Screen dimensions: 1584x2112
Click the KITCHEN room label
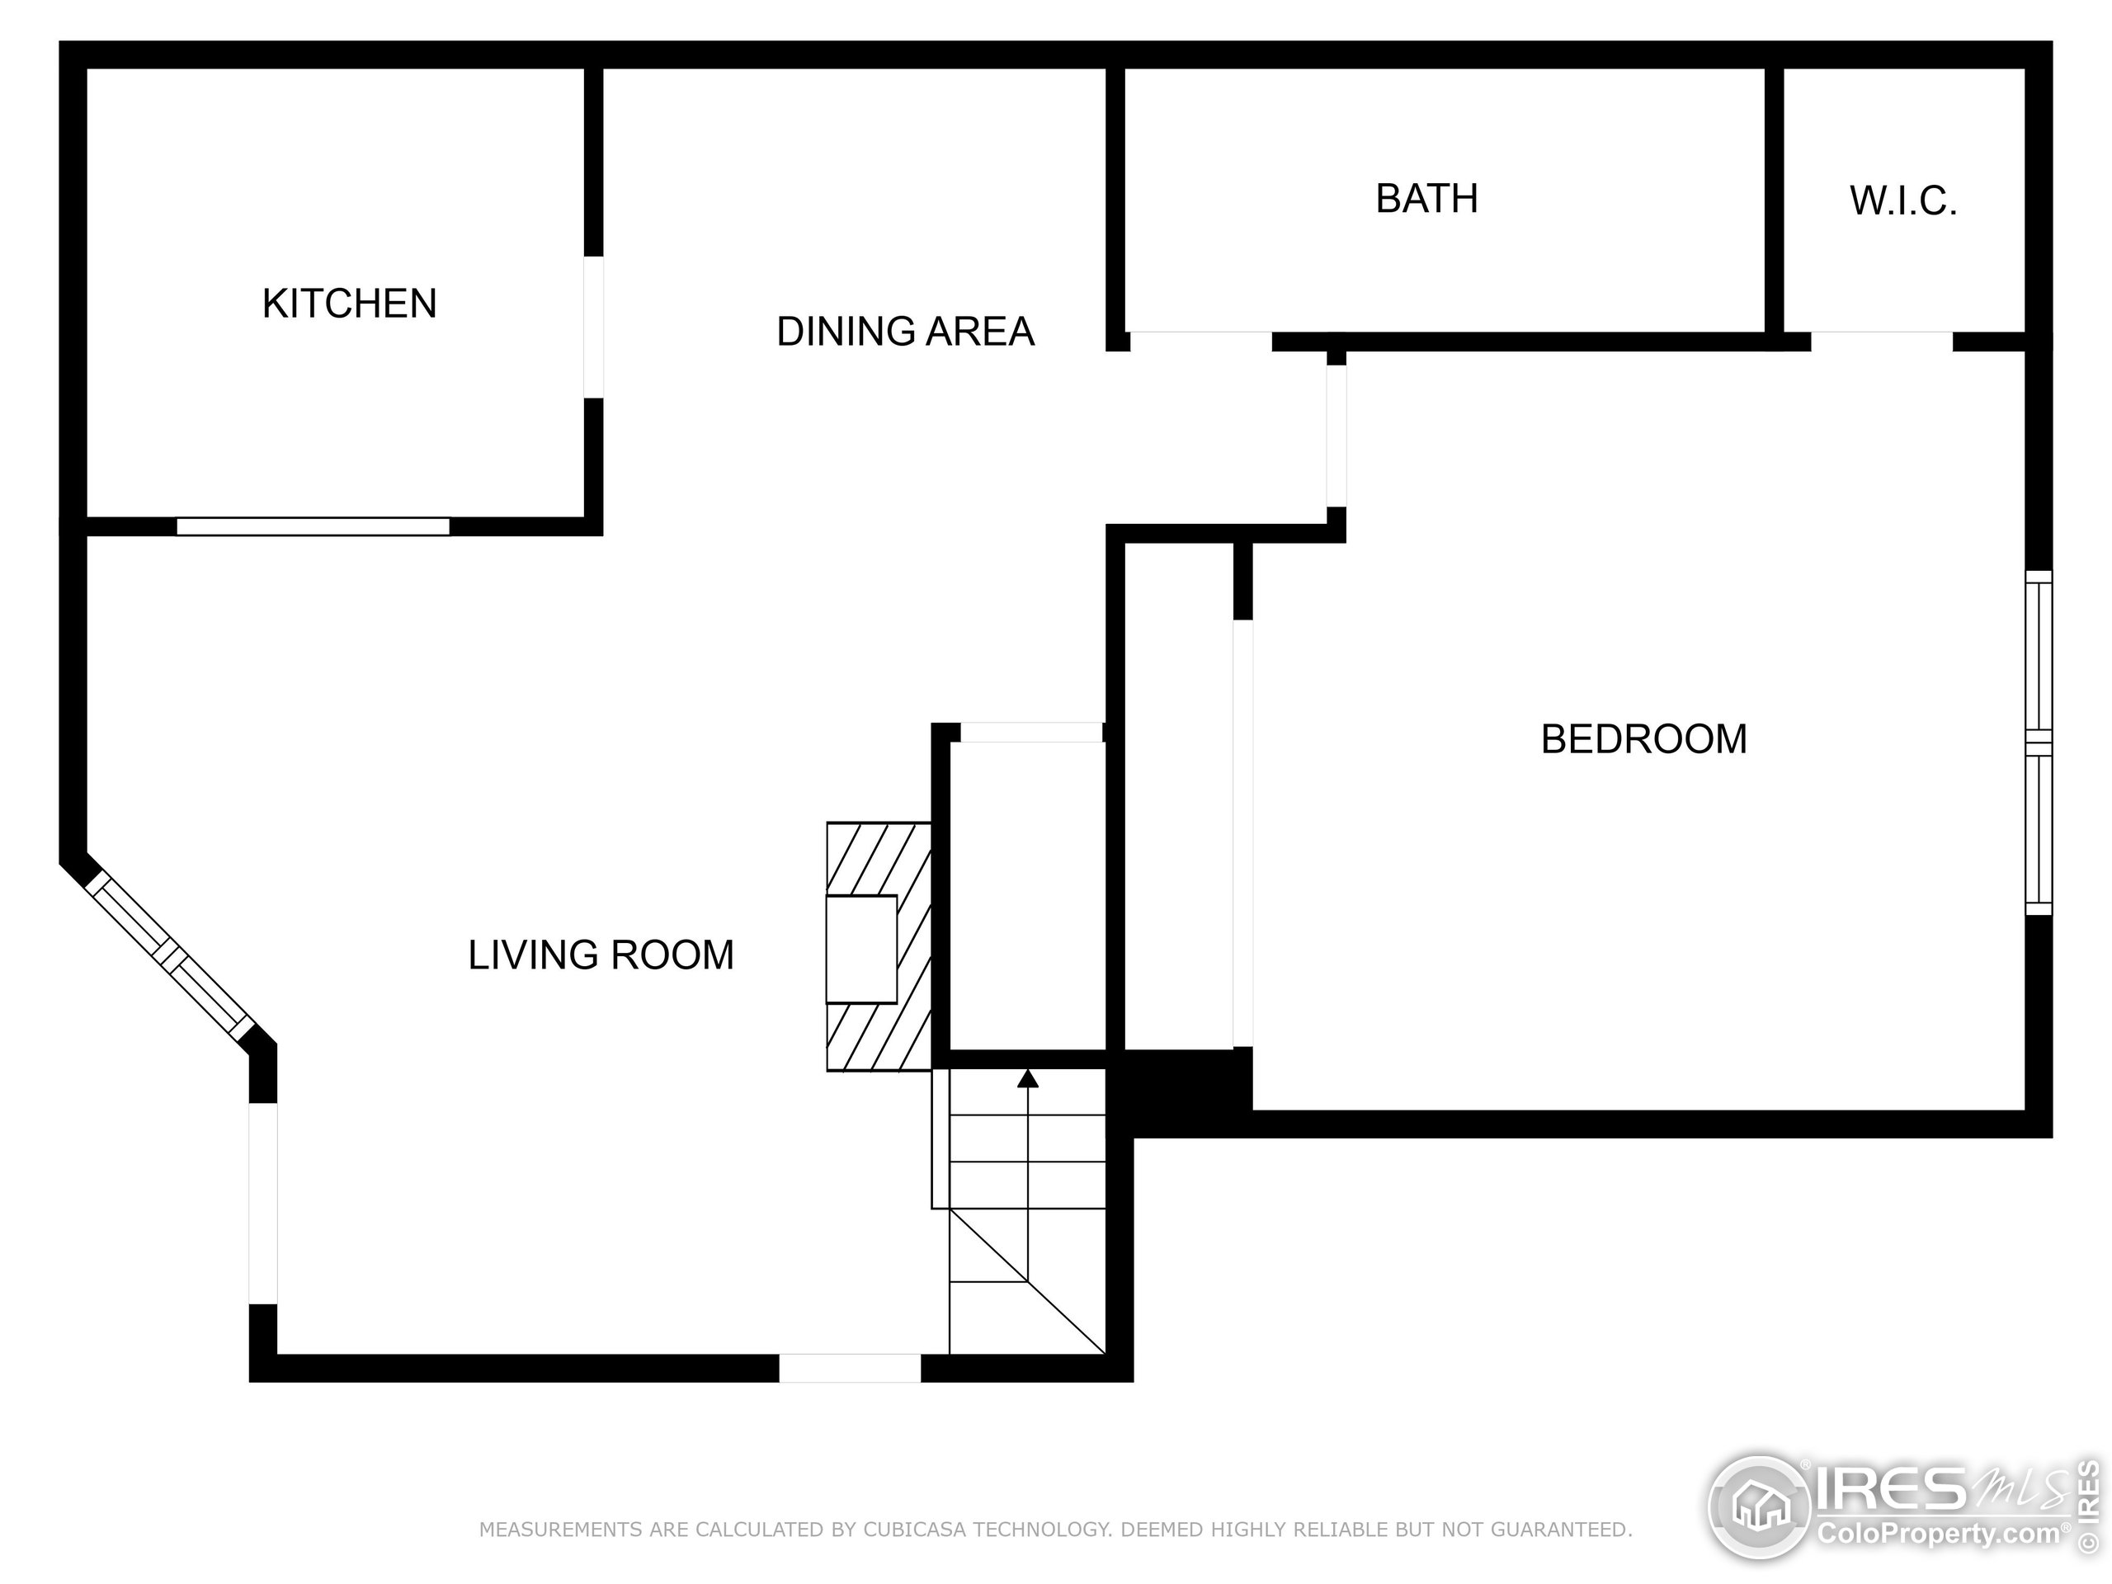(350, 304)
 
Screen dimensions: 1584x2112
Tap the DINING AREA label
(905, 332)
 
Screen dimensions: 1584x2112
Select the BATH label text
(1426, 199)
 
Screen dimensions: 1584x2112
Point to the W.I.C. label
(1903, 201)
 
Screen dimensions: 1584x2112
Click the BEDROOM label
(1643, 739)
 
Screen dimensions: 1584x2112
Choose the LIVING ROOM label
(601, 955)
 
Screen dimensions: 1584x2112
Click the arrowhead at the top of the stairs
(1027, 1079)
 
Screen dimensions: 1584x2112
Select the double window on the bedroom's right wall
(2038, 742)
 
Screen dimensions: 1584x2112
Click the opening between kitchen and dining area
(593, 327)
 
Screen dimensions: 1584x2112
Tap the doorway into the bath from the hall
(1200, 341)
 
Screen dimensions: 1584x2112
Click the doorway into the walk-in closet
(1881, 341)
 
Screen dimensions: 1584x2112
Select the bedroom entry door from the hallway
(1336, 436)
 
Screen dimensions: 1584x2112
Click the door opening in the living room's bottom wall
(850, 1367)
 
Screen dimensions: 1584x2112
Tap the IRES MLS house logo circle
(1759, 1506)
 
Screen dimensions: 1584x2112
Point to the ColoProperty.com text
(1938, 1534)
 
